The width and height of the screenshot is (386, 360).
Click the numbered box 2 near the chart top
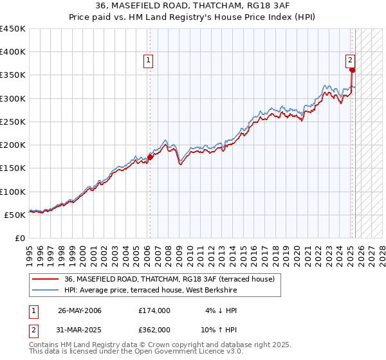pos(351,60)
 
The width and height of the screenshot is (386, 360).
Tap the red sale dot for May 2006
pos(150,156)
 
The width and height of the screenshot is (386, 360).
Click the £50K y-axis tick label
pos(16,215)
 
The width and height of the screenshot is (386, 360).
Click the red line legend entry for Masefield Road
pos(169,279)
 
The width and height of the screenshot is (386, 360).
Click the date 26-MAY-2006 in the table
pos(80,310)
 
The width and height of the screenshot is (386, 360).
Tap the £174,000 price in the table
pos(154,310)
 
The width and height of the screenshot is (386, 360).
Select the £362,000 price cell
pos(154,329)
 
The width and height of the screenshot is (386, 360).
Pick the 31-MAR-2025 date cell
pos(80,329)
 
